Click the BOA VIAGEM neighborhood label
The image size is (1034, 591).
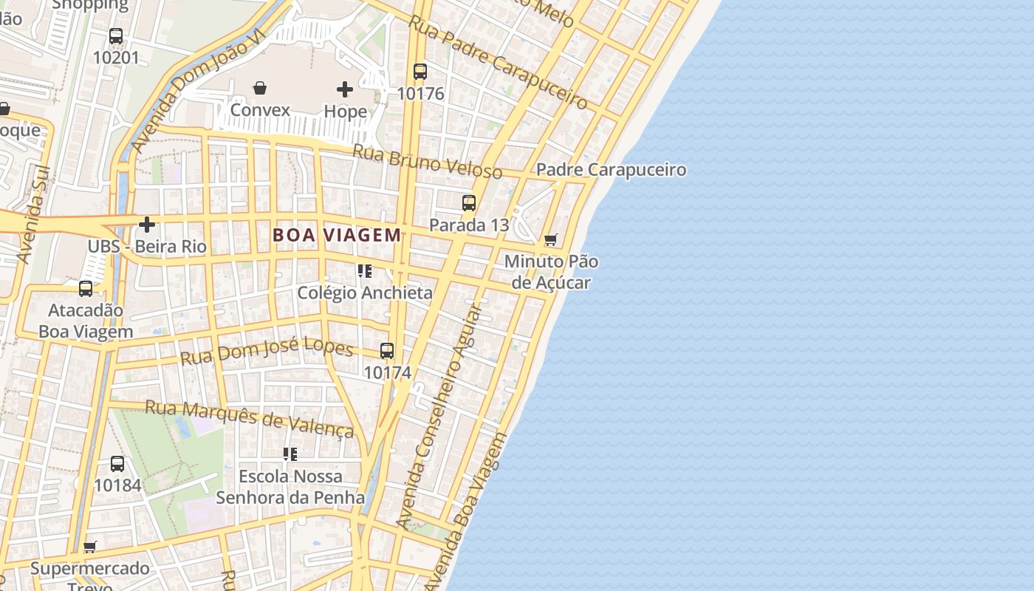click(337, 235)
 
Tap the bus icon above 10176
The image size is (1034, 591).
click(420, 72)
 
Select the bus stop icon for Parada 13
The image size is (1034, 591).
click(469, 203)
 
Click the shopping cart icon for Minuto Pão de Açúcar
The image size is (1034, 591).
click(550, 240)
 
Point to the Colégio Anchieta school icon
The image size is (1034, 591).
click(364, 271)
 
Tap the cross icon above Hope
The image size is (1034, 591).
click(345, 90)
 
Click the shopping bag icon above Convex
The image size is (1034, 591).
click(260, 89)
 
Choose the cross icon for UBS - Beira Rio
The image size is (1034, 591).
click(147, 225)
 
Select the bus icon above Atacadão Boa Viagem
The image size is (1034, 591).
click(86, 289)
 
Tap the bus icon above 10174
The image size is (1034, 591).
click(387, 351)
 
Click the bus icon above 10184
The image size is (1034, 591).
click(117, 464)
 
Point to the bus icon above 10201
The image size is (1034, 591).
click(116, 36)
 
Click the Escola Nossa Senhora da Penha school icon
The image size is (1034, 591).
click(290, 454)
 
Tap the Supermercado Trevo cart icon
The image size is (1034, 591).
click(90, 547)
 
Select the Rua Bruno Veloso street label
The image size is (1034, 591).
click(428, 162)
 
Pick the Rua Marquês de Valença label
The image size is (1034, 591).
click(250, 419)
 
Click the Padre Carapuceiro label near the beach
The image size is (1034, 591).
click(611, 170)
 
